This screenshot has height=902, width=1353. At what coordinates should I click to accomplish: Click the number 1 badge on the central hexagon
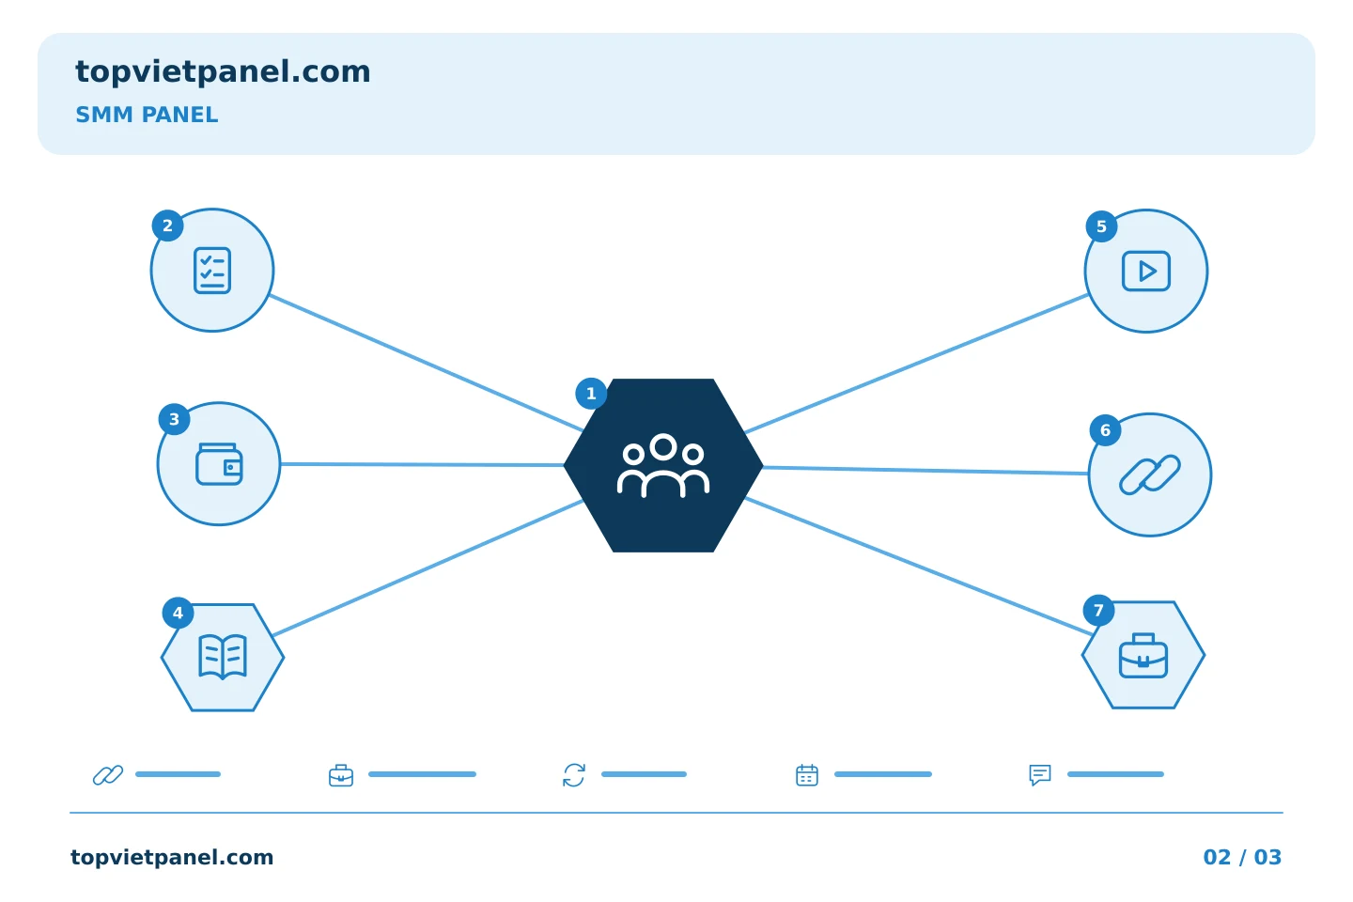click(591, 394)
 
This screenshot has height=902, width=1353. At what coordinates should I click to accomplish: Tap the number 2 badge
click(168, 225)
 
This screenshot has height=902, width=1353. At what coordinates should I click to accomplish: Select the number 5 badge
click(1101, 226)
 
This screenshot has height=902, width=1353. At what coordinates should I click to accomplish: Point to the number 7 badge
click(1098, 610)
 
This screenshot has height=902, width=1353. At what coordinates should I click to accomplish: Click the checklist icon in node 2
click(212, 270)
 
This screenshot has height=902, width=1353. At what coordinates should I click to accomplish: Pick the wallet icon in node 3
click(219, 464)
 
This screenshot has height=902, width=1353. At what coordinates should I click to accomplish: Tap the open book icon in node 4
click(223, 657)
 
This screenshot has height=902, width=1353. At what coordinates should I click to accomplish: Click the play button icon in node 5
click(1146, 272)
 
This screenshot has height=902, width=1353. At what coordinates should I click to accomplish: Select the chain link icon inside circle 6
click(1149, 474)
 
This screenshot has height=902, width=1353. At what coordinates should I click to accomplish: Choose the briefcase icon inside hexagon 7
click(1143, 656)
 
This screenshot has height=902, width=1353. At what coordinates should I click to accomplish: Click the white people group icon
click(663, 465)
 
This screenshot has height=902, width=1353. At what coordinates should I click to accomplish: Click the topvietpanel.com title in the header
click(223, 72)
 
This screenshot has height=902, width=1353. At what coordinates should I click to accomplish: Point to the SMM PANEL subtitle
click(147, 115)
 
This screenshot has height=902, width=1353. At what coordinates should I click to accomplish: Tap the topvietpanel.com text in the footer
click(172, 857)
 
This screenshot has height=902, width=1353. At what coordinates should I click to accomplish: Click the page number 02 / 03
click(1242, 857)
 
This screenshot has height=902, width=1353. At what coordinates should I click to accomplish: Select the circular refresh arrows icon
click(574, 775)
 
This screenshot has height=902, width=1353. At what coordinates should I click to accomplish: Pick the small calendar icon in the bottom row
click(807, 775)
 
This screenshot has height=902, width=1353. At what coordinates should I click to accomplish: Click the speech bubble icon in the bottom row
click(1040, 775)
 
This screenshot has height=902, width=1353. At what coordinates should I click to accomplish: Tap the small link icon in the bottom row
click(108, 775)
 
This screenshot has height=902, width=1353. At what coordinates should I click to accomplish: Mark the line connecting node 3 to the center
click(422, 464)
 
